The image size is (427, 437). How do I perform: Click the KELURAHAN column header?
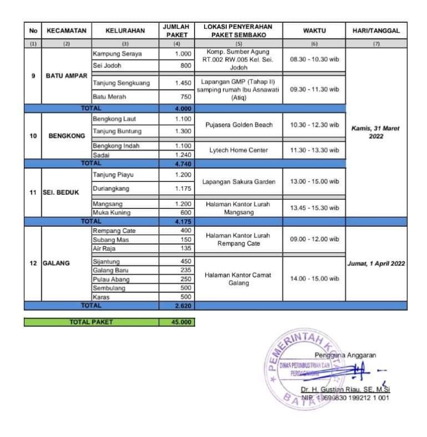[x=125, y=31]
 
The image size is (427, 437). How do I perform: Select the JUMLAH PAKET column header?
[x=176, y=31]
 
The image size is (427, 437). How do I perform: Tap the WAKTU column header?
[x=314, y=31]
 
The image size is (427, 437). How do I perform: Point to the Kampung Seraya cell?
[x=117, y=54]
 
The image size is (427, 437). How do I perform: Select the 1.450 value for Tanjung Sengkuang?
[x=182, y=83]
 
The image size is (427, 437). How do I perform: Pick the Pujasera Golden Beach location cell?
[x=238, y=125]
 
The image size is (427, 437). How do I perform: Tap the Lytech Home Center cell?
[x=238, y=150]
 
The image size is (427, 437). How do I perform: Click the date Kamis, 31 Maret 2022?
[x=376, y=132]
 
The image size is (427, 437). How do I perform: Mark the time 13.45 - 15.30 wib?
[x=314, y=208]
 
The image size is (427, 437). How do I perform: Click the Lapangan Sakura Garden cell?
[x=238, y=182]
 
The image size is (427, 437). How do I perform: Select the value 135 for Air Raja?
[x=185, y=249]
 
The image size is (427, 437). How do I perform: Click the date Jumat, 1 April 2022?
[x=376, y=264]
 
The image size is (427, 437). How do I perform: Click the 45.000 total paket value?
[x=176, y=322]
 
